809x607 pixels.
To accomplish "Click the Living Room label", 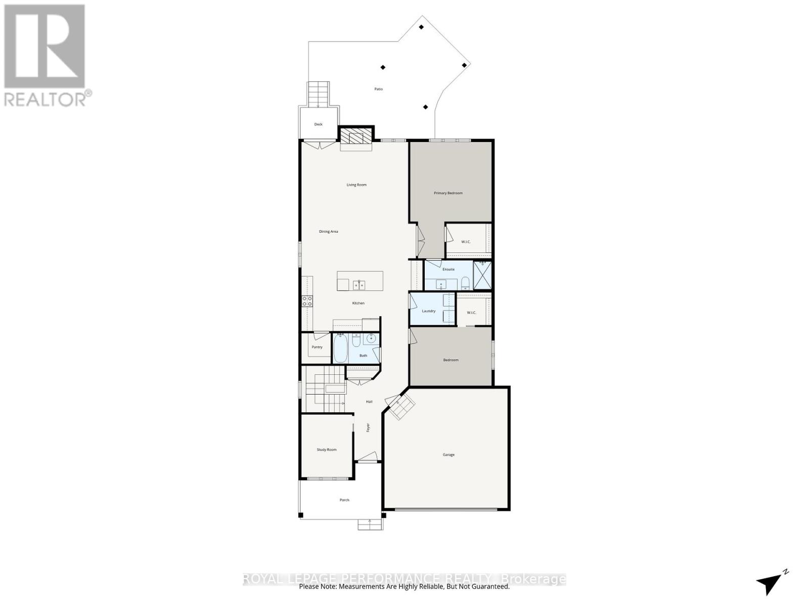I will click(x=356, y=185).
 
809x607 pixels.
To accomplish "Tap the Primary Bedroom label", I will click(x=448, y=193).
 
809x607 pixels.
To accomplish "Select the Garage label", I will click(x=448, y=455).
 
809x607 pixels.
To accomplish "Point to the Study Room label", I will click(x=327, y=449).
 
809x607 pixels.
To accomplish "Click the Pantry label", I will click(x=317, y=347).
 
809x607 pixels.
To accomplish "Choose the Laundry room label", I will click(x=428, y=311).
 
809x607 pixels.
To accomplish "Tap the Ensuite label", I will click(x=448, y=269).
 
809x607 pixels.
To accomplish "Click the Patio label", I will click(x=378, y=89).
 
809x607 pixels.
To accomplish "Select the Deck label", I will click(x=318, y=124).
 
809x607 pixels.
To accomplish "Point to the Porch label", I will click(x=344, y=500).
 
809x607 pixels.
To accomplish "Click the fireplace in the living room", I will click(x=356, y=137).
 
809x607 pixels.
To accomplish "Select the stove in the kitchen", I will click(x=307, y=301).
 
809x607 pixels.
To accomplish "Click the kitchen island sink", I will click(x=359, y=285).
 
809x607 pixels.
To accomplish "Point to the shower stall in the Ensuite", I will click(x=482, y=275).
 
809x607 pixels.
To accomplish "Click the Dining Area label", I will click(x=328, y=231).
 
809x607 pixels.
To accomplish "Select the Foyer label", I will click(x=368, y=427).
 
